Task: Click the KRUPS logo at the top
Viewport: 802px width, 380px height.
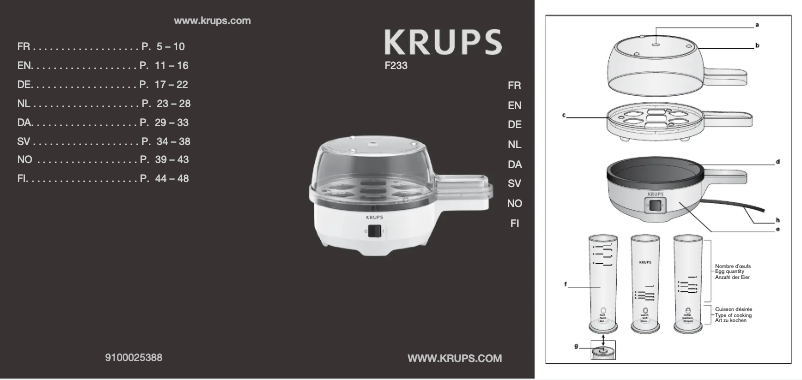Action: pyautogui.click(x=443, y=43)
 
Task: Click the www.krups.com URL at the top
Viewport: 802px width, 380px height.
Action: pyautogui.click(x=212, y=21)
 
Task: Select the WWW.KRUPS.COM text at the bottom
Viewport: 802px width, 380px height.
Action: pyautogui.click(x=455, y=357)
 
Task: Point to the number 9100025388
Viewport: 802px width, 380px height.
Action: pyautogui.click(x=135, y=357)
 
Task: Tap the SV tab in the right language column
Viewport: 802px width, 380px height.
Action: pyautogui.click(x=514, y=183)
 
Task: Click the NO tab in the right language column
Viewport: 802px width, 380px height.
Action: pyautogui.click(x=514, y=203)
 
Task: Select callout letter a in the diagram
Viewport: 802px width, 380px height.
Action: pyautogui.click(x=757, y=24)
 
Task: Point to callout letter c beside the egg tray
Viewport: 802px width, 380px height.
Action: pyautogui.click(x=564, y=116)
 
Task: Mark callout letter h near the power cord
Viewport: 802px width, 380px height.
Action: pyautogui.click(x=777, y=218)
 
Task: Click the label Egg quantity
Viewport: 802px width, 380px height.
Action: pyautogui.click(x=729, y=270)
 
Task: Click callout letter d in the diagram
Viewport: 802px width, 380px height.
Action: pyautogui.click(x=777, y=160)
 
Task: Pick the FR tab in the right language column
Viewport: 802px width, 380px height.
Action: pyautogui.click(x=514, y=86)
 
